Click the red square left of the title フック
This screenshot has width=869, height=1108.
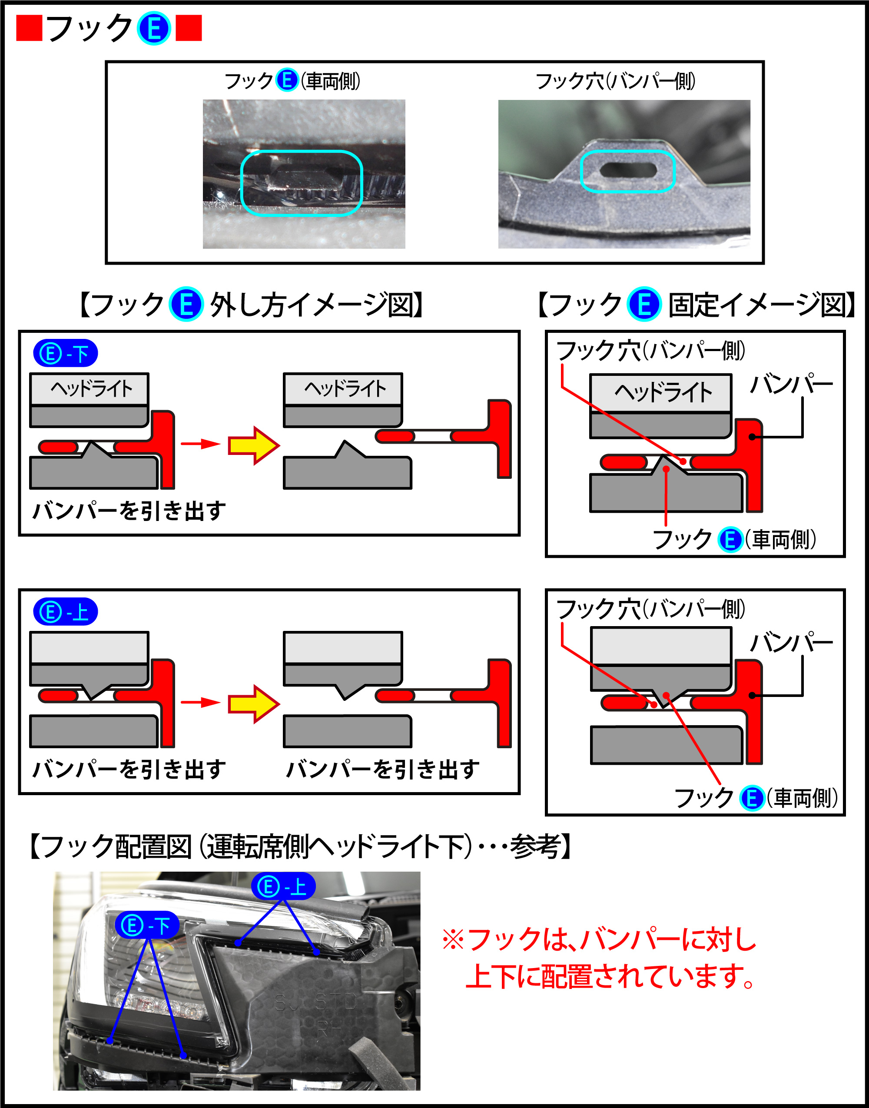pyautogui.click(x=29, y=28)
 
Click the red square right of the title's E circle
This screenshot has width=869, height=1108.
pyautogui.click(x=188, y=28)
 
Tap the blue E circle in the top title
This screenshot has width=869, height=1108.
pyautogui.click(x=154, y=29)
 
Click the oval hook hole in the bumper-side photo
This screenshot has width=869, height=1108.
pyautogui.click(x=628, y=170)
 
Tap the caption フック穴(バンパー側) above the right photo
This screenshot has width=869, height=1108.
pyautogui.click(x=615, y=81)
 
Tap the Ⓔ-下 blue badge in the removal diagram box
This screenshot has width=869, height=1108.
pyautogui.click(x=65, y=354)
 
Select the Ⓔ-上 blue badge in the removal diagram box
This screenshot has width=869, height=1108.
pyautogui.click(x=65, y=612)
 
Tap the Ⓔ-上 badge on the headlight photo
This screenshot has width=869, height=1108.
pyautogui.click(x=283, y=887)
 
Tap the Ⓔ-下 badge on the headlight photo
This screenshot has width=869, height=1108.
pyautogui.click(x=147, y=926)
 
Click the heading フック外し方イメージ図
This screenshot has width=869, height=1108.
pyautogui.click(x=251, y=305)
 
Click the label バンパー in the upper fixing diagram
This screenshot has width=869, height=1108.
pyautogui.click(x=791, y=384)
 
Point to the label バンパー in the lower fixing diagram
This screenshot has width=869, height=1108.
pyautogui.click(x=791, y=643)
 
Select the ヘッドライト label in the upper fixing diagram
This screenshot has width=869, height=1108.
pyautogui.click(x=663, y=393)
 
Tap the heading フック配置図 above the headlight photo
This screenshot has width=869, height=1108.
pyautogui.click(x=300, y=847)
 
